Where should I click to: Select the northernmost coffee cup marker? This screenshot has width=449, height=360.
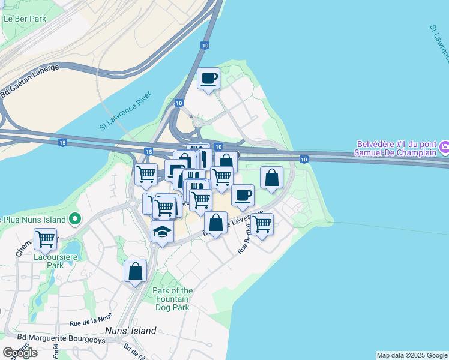point(208,79)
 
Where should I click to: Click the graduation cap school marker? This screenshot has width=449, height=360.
point(162,232)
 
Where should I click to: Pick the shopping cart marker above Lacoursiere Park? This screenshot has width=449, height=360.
point(46,239)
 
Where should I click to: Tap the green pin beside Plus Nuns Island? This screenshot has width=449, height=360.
point(75,219)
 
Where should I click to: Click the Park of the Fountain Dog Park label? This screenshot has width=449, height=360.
point(172,299)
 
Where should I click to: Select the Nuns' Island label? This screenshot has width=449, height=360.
point(131,331)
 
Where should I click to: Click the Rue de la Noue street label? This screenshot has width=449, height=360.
point(91,323)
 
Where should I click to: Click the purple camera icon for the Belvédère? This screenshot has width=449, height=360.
point(444,146)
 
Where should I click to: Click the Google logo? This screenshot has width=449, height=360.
point(20,352)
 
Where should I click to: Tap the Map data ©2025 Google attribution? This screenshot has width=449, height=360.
point(411,355)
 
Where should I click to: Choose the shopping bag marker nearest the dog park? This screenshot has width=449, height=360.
point(136,271)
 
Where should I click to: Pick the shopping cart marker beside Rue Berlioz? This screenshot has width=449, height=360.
point(262,224)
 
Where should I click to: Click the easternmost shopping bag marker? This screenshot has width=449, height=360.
point(271,178)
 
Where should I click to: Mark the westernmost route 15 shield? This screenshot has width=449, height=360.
point(62,142)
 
